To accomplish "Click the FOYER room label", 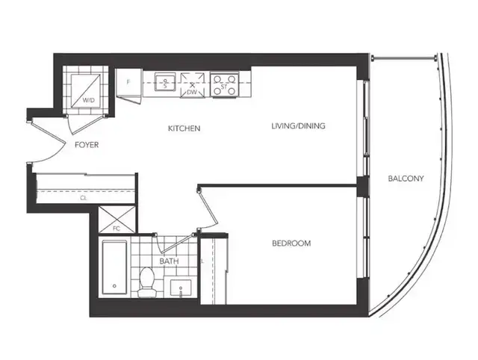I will pos(87,145).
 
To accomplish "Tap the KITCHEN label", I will pos(183,128).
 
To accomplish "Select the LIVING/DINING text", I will pos(298,126).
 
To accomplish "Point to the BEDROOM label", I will pos(290,243).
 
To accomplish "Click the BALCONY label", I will pos(406,179).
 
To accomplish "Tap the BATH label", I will pos(168,261).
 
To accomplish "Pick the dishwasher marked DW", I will pos(193,84).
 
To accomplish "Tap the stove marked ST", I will pos(223,84).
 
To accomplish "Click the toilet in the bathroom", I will pos(148,281).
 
